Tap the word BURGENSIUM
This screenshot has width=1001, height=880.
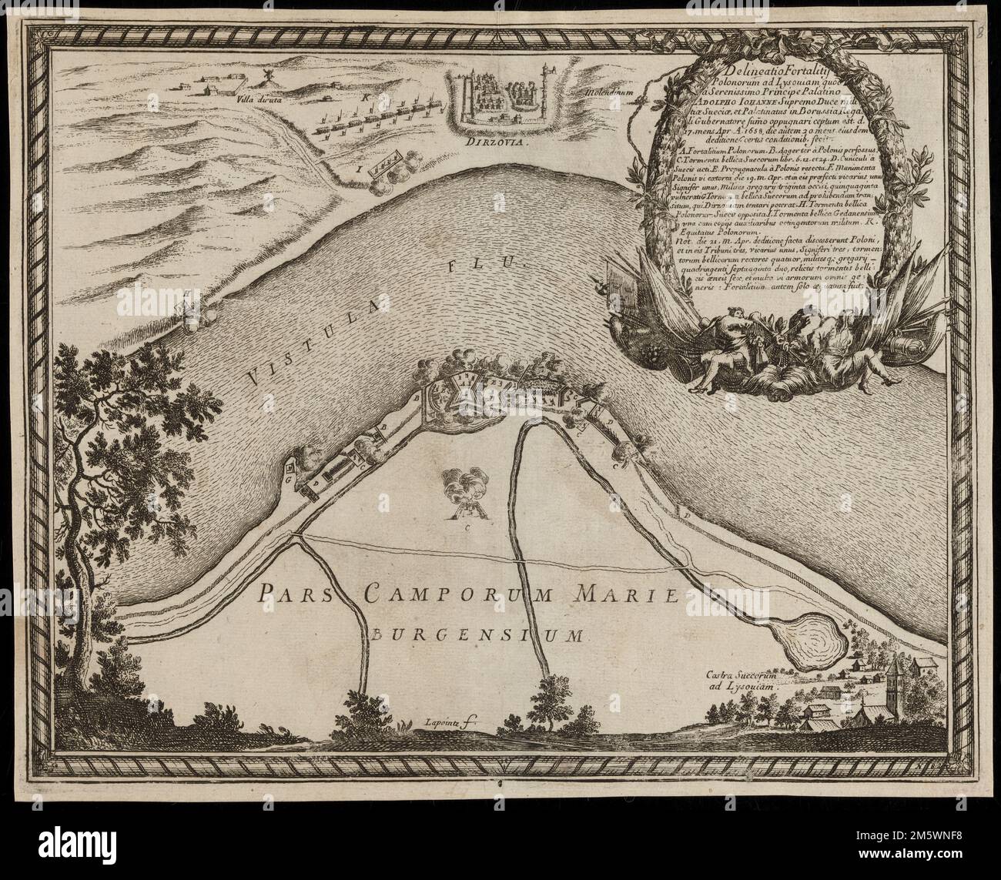point(478,635)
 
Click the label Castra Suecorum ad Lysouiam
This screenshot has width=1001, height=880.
point(743,681)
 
